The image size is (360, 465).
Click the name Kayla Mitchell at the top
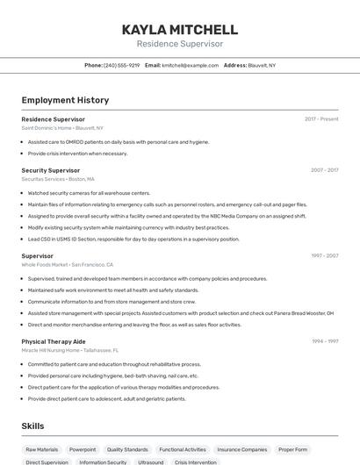click(x=180, y=30)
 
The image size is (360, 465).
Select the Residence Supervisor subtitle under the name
click(x=180, y=44)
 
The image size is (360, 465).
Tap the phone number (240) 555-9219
click(x=121, y=65)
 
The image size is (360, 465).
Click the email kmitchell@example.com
click(x=190, y=65)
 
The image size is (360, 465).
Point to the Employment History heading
click(x=65, y=100)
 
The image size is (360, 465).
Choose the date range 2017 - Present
click(x=321, y=119)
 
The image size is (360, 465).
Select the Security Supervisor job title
click(x=51, y=170)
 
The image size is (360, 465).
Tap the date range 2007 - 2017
click(x=324, y=170)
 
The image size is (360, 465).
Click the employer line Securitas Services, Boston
click(x=58, y=179)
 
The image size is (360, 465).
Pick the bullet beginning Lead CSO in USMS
click(x=133, y=239)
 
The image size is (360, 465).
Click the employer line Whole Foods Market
click(x=67, y=264)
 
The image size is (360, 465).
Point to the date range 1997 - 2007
click(x=324, y=256)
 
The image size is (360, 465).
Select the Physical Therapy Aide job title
click(x=54, y=341)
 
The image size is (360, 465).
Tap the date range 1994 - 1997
click(x=324, y=341)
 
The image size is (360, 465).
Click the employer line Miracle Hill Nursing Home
click(x=69, y=350)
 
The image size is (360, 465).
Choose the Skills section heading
click(x=33, y=426)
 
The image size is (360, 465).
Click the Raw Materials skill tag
click(x=42, y=449)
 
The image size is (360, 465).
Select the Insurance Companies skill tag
click(x=241, y=449)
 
